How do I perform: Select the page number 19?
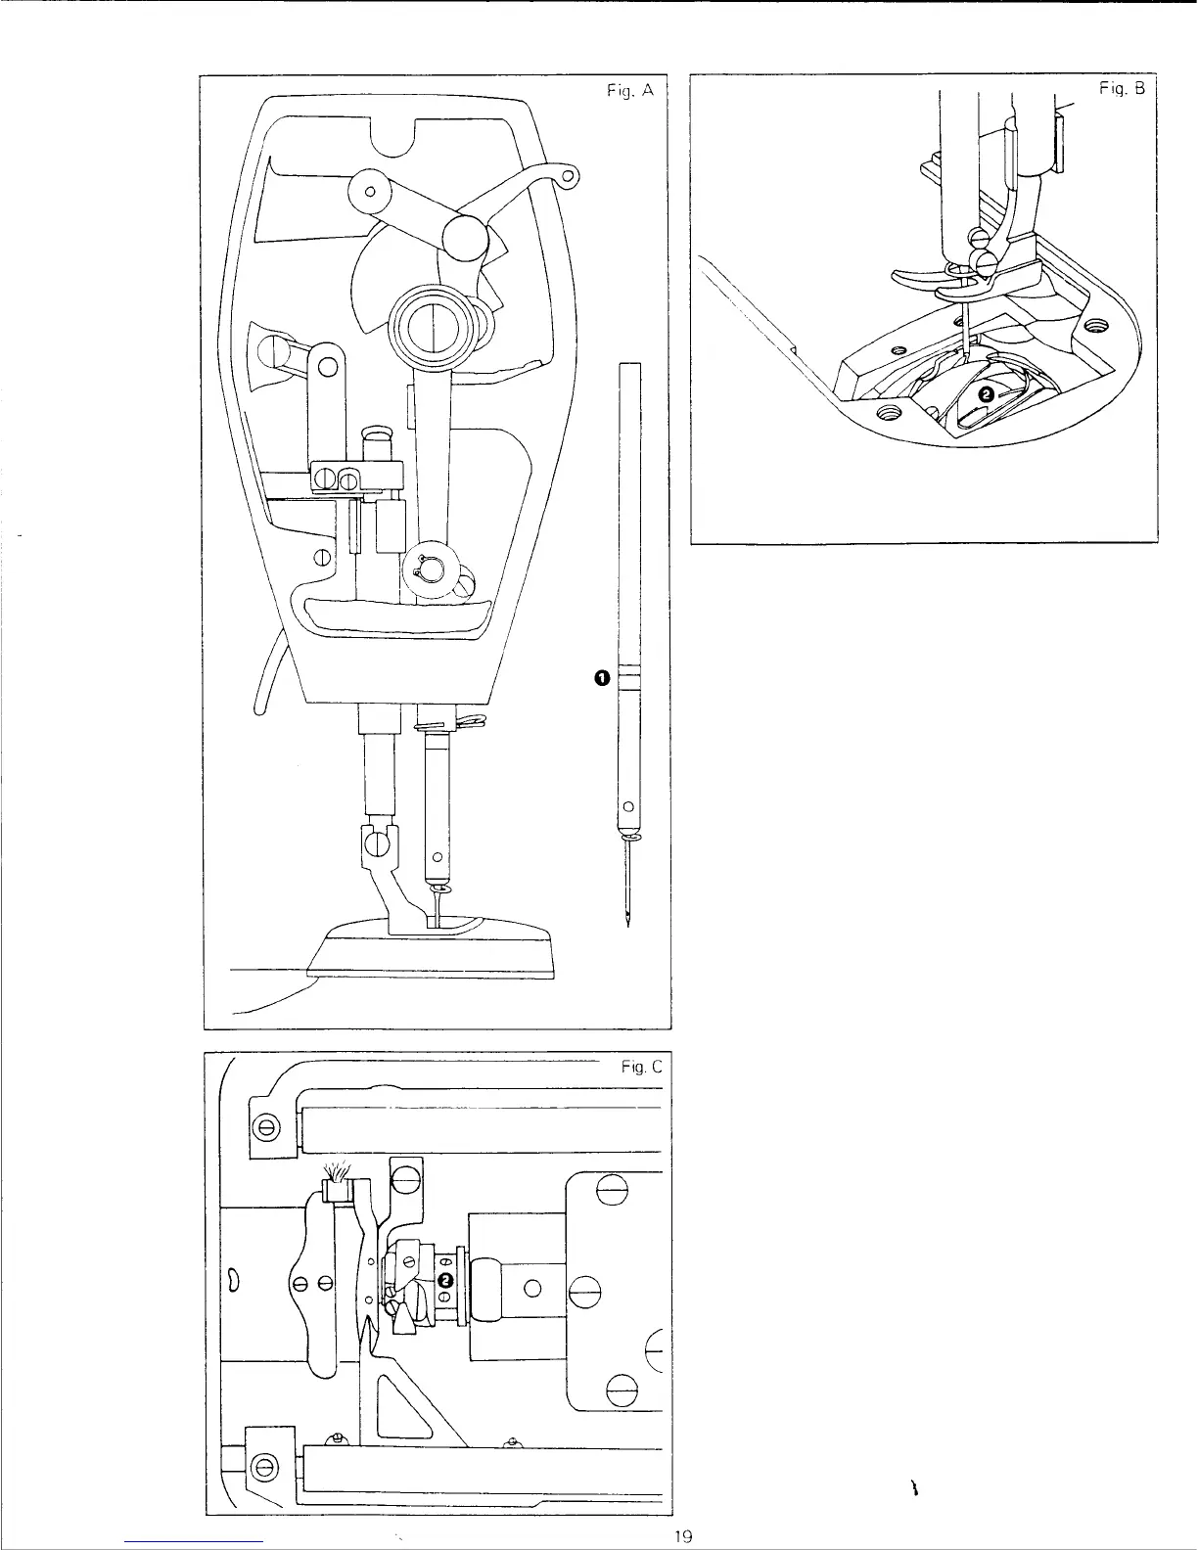[684, 1536]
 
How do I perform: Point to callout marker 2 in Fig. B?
[986, 392]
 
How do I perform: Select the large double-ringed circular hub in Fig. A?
[431, 326]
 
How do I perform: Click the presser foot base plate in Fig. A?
[431, 949]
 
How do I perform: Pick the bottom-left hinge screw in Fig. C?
[261, 1466]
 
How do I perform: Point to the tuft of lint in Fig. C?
[337, 1171]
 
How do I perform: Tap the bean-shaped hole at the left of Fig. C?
[234, 1279]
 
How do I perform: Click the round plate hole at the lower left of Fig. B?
[890, 413]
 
